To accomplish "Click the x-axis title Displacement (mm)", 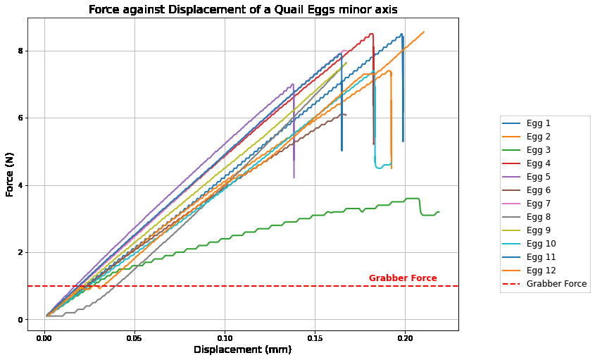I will pos(242,349).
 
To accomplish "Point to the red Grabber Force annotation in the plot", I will pos(403,278).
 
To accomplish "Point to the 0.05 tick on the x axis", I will pos(134,338).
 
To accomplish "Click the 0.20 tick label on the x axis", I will pos(405,338).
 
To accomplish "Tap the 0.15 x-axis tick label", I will pos(315,338).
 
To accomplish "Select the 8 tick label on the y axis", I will pos(20,51).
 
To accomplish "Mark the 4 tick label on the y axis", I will pos(20,186).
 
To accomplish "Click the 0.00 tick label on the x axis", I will pos(44,338).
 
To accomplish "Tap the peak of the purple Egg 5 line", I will pos(292,85).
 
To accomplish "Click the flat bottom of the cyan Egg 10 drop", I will pos(382,166).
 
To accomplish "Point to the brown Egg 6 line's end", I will pos(346,115).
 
